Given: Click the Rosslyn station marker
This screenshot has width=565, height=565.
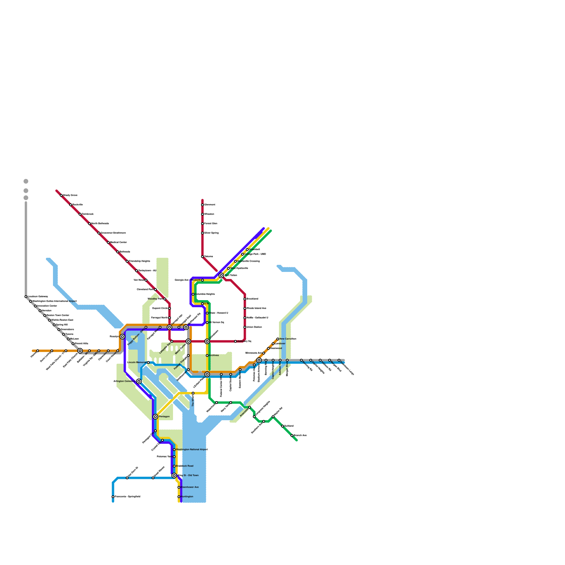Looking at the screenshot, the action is click(x=122, y=337).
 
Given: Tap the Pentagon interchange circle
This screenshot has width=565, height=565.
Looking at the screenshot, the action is click(x=155, y=417).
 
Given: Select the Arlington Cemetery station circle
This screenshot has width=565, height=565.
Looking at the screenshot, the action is click(x=139, y=381).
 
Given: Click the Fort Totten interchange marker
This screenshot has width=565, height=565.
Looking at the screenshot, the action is click(x=221, y=275).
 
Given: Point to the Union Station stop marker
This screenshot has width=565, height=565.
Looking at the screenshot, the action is click(x=245, y=327).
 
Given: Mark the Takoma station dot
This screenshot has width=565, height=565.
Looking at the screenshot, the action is click(x=202, y=257).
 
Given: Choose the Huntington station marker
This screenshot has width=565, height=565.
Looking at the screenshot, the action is click(x=179, y=497).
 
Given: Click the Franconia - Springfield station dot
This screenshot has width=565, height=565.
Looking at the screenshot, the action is click(x=113, y=497).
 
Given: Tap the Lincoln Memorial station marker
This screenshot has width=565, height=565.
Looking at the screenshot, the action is click(x=148, y=363).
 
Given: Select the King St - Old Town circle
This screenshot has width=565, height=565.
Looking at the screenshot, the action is click(x=174, y=476).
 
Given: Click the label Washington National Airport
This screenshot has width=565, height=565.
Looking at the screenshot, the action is click(x=192, y=450).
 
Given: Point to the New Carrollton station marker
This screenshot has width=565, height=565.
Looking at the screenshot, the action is click(x=278, y=339).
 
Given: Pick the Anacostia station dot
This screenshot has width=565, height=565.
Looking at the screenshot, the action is click(x=250, y=408).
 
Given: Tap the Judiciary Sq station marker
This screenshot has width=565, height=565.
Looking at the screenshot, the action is click(x=236, y=341).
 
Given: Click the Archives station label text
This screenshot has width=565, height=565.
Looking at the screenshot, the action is click(x=214, y=356).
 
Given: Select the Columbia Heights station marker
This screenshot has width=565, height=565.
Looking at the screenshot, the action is click(x=193, y=294).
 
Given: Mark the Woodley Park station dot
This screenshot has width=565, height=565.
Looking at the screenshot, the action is click(x=165, y=299).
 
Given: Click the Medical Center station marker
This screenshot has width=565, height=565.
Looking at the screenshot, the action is click(x=108, y=243).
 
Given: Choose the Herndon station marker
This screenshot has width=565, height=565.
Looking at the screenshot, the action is click(x=40, y=311).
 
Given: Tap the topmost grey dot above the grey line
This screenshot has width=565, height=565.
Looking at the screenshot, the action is click(x=26, y=182).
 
